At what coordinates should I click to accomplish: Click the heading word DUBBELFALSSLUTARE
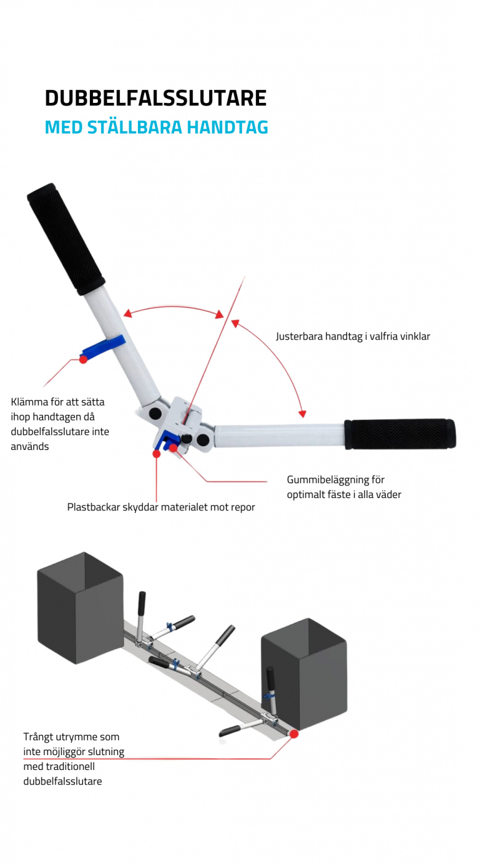tap(155, 99)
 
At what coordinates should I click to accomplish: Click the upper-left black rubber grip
tap(66, 238)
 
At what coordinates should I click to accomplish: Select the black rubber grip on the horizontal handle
tap(400, 434)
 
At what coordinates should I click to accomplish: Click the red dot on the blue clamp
tap(84, 359)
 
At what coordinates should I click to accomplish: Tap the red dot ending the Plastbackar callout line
tap(156, 454)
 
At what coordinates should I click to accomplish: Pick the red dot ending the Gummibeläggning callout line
tap(174, 448)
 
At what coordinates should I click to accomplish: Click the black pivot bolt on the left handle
tap(155, 412)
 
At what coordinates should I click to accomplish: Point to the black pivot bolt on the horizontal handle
tap(202, 439)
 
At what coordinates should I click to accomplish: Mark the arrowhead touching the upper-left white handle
tap(128, 314)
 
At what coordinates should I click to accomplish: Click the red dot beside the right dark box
tap(294, 734)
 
